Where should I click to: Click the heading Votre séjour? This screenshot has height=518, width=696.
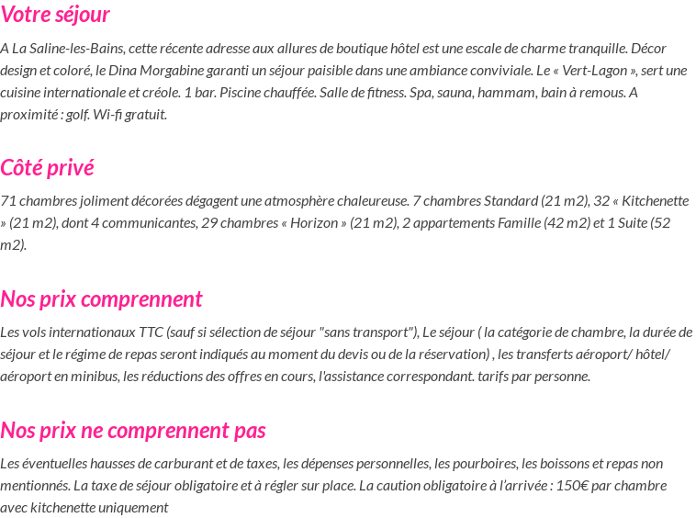[55, 15]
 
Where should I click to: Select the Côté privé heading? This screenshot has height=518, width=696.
[47, 168]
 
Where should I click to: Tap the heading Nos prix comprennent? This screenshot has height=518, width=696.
[101, 299]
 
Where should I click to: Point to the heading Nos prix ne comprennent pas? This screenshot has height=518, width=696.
[133, 431]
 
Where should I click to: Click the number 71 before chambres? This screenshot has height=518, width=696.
[8, 201]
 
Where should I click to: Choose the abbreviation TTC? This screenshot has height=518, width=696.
[152, 332]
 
